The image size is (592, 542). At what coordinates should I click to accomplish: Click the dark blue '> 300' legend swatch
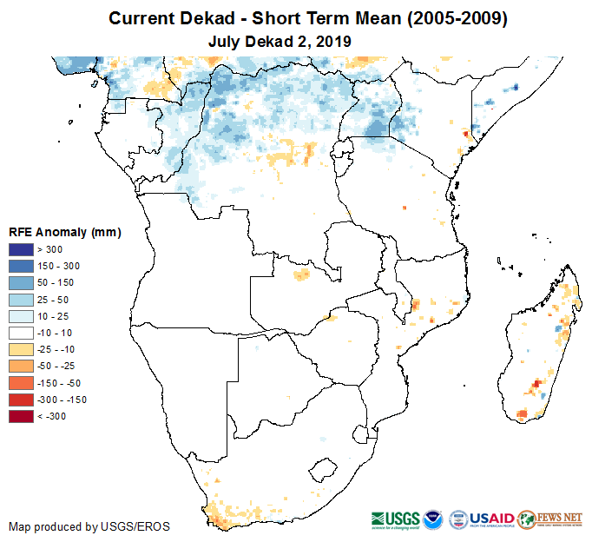pyautogui.click(x=22, y=250)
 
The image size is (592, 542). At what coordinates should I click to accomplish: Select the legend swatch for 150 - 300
pyautogui.click(x=22, y=267)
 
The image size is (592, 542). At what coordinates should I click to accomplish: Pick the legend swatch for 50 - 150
pyautogui.click(x=22, y=283)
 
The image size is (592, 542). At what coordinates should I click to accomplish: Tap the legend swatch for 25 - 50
pyautogui.click(x=22, y=300)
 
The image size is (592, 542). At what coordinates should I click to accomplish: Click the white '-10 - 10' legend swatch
pyautogui.click(x=22, y=333)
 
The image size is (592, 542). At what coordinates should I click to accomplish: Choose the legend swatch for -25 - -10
pyautogui.click(x=22, y=349)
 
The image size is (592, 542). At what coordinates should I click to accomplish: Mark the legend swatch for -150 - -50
pyautogui.click(x=22, y=383)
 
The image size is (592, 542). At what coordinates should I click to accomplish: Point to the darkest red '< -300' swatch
pyautogui.click(x=22, y=416)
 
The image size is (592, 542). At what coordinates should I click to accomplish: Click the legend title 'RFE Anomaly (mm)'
pyautogui.click(x=64, y=232)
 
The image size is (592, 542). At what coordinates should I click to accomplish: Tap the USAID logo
pyautogui.click(x=491, y=518)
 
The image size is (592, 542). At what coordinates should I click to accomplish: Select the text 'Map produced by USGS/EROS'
pyautogui.click(x=89, y=526)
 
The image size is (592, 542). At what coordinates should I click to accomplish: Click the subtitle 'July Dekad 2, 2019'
pyautogui.click(x=280, y=41)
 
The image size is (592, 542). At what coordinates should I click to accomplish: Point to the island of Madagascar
pyautogui.click(x=543, y=347)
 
